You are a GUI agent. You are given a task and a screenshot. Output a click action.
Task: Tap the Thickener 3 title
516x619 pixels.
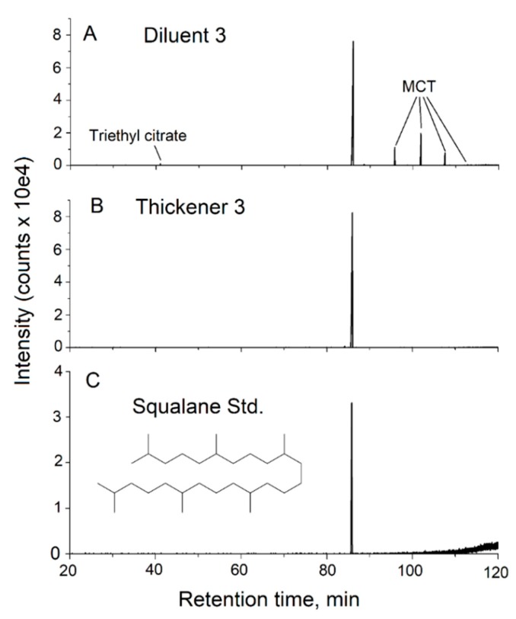pos(180,207)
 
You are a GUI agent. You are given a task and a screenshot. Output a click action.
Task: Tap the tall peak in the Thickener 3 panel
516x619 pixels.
pos(352,282)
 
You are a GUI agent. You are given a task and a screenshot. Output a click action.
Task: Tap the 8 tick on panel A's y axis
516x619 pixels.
pos(53,34)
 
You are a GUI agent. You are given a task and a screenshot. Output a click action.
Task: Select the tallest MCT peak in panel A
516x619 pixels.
pos(421,149)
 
